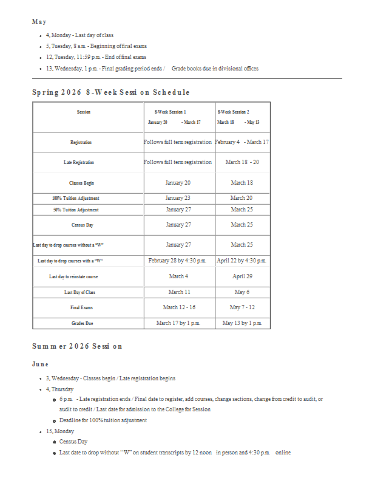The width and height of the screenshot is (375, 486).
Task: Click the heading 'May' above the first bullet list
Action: [39, 22]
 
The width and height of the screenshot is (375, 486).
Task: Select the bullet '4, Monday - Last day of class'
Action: [79, 35]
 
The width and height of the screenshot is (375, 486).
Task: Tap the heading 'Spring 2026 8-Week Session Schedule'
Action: [111, 92]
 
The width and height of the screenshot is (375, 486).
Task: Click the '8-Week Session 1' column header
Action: [171, 112]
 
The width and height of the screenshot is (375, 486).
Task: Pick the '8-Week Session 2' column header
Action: [233, 112]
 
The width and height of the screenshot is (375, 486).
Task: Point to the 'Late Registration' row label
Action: [79, 163]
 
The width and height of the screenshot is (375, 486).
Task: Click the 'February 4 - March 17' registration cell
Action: [242, 142]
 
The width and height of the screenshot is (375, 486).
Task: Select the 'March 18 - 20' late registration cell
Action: [242, 162]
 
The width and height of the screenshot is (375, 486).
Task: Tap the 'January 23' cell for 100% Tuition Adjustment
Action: [178, 198]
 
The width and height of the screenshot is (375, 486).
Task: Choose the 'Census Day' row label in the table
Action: [82, 225]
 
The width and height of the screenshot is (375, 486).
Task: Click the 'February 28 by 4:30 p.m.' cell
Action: [178, 261]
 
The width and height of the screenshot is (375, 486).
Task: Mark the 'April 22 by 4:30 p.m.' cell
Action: [242, 261]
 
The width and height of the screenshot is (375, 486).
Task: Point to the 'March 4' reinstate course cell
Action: [178, 276]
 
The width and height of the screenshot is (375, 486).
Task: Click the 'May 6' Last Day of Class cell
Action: [242, 292]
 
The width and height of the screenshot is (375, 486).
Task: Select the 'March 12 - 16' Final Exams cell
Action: [178, 307]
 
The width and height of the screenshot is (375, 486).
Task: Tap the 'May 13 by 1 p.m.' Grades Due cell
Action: [242, 323]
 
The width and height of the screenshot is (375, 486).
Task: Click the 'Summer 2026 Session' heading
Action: [78, 346]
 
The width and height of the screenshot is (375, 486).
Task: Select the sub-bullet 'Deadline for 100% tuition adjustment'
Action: [103, 420]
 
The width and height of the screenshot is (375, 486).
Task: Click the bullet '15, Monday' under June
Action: [60, 431]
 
